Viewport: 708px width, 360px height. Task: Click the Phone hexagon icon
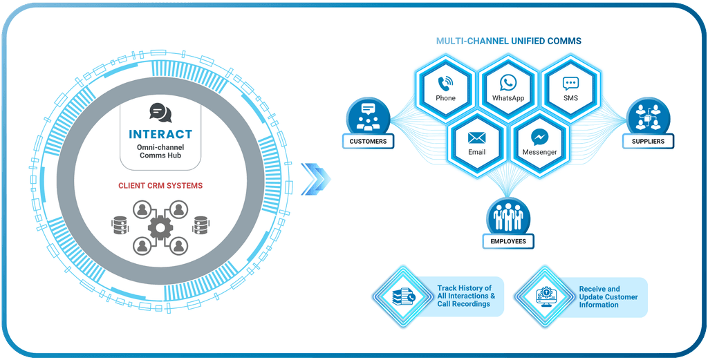click(x=445, y=84)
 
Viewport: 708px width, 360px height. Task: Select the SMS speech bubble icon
click(x=570, y=84)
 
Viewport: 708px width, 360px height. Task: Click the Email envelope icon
click(x=476, y=137)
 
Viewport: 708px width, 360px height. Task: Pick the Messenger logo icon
click(x=540, y=137)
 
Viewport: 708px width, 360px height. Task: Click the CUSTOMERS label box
click(x=368, y=142)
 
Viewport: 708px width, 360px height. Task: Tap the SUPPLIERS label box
click(x=648, y=142)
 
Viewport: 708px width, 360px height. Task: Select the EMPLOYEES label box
click(x=509, y=241)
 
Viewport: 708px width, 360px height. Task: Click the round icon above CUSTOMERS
click(x=368, y=115)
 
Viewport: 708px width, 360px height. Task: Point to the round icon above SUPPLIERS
click(x=648, y=115)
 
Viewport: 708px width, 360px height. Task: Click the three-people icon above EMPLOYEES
click(x=509, y=216)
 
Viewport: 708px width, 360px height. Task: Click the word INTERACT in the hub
click(x=160, y=134)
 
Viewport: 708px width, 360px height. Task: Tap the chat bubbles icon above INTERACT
click(x=160, y=112)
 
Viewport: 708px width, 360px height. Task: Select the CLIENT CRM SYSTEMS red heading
click(x=160, y=185)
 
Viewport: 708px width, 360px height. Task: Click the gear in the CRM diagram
click(x=160, y=225)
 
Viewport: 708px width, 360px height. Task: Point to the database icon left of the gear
click(x=120, y=225)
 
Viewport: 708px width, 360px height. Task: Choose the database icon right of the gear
click(x=201, y=225)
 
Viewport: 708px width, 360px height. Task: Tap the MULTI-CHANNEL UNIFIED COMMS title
click(x=508, y=41)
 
